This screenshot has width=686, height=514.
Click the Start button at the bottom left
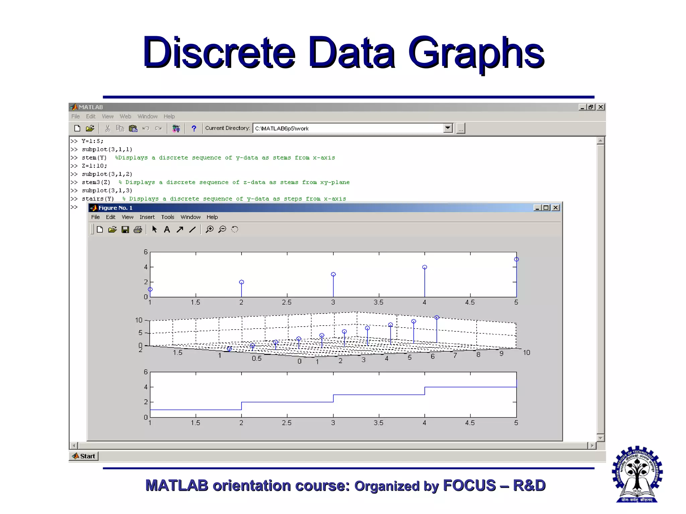click(x=84, y=456)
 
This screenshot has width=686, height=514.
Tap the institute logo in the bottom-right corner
click(x=637, y=474)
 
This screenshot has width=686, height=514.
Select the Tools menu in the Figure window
click(x=167, y=217)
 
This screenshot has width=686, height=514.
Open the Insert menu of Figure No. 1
click(x=147, y=217)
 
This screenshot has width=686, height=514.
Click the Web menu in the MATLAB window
click(x=125, y=116)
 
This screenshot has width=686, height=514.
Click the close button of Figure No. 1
click(x=556, y=208)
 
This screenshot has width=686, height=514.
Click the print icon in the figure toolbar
click(x=138, y=230)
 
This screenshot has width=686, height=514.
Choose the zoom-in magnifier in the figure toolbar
click(x=210, y=230)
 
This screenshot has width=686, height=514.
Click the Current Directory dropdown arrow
click(x=448, y=128)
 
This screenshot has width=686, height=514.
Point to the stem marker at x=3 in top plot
click(x=333, y=274)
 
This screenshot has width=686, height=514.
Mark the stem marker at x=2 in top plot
click(x=242, y=282)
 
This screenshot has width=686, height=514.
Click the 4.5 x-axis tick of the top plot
click(x=470, y=303)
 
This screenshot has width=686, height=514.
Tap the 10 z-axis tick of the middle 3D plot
click(x=139, y=320)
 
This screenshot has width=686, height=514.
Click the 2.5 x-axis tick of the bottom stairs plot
click(x=287, y=423)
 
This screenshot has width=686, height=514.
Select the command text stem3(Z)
click(x=96, y=182)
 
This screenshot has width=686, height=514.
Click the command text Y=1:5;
click(x=92, y=141)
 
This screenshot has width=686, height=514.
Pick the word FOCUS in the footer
click(x=469, y=486)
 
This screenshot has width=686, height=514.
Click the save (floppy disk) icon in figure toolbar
click(x=125, y=230)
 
